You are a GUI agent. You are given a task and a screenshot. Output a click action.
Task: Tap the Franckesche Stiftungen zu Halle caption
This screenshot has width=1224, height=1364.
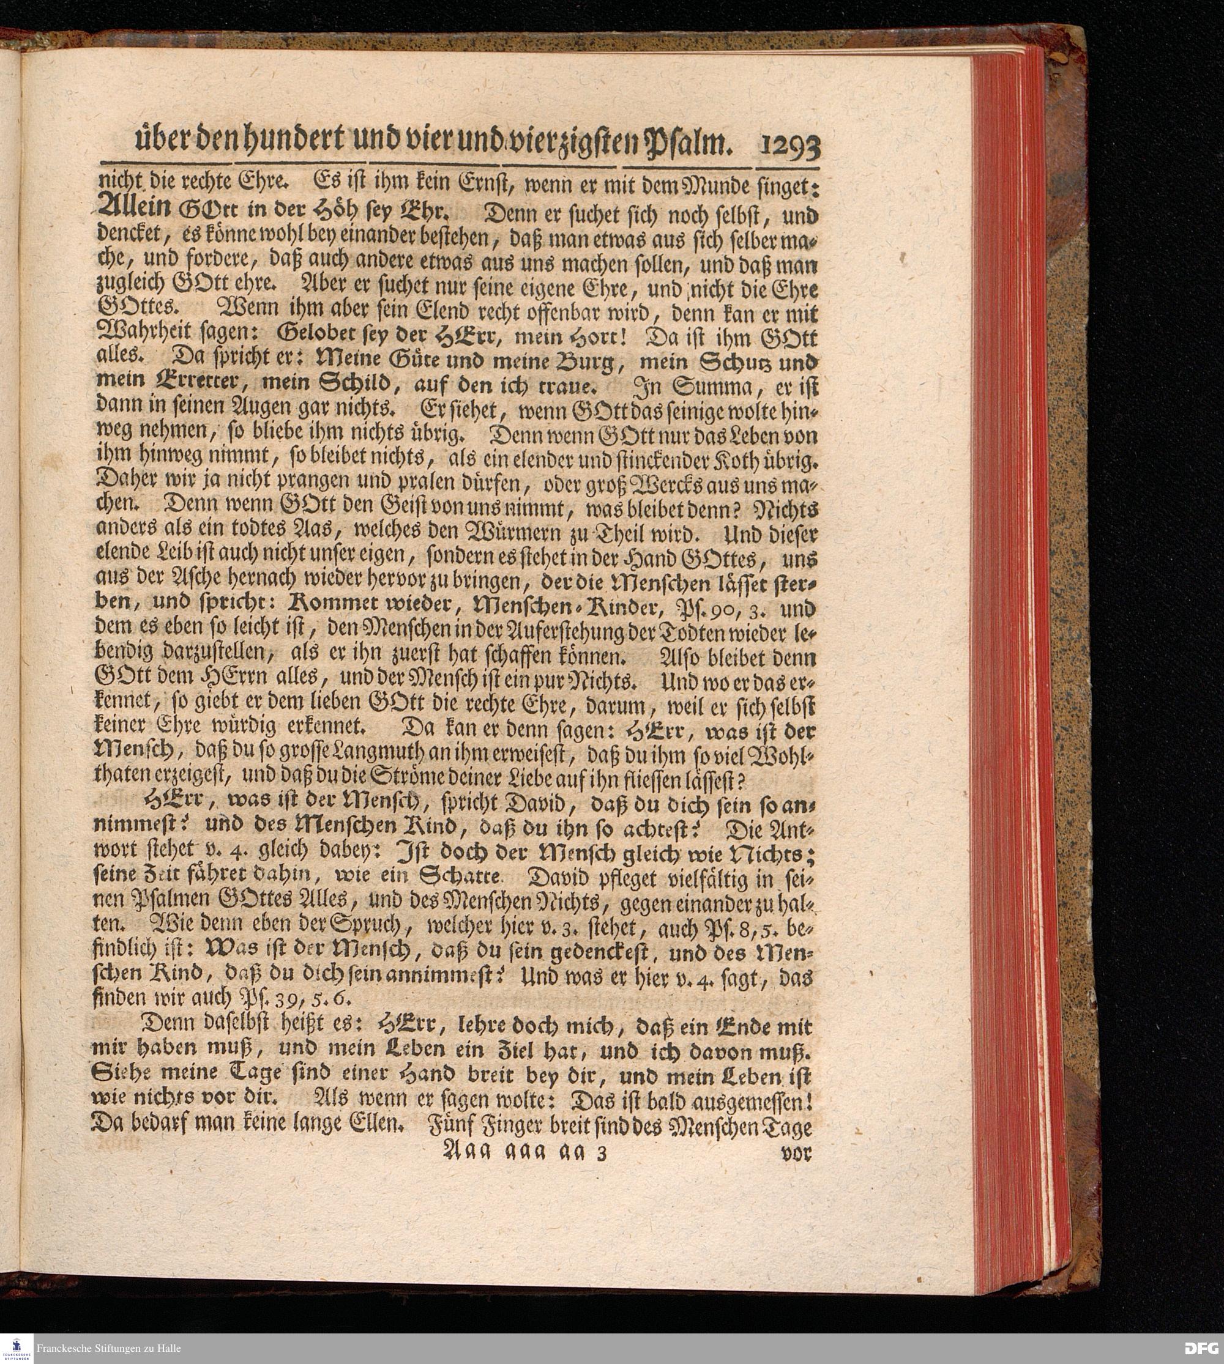[x=108, y=1348]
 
